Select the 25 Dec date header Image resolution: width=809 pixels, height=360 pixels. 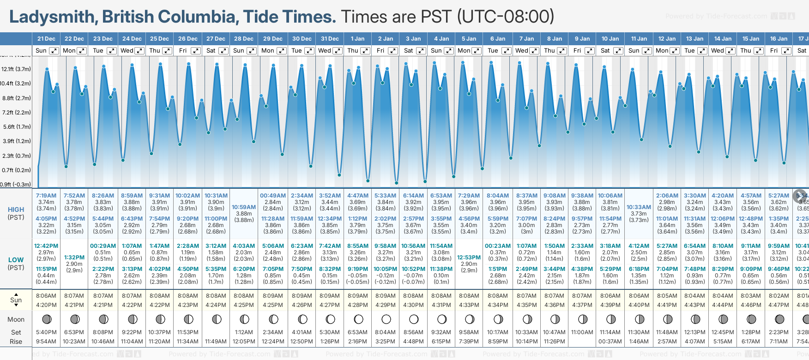[x=159, y=39]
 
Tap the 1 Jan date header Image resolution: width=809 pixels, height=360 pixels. [x=357, y=39]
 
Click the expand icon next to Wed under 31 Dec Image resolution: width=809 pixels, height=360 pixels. [x=338, y=51]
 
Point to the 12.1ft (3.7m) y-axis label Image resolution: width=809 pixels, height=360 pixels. [x=16, y=69]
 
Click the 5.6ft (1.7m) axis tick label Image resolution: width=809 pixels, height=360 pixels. [x=16, y=127]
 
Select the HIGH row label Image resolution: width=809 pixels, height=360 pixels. [x=16, y=210]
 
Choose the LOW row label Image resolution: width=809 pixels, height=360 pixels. [x=16, y=260]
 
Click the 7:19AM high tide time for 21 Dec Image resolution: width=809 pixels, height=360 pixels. [x=46, y=196]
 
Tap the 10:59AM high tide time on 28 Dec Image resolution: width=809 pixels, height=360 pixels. [x=244, y=207]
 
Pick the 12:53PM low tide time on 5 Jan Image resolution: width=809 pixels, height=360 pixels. [x=469, y=258]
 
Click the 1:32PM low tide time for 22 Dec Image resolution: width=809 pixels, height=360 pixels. [x=74, y=258]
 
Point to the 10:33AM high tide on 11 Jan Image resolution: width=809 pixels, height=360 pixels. [x=639, y=207]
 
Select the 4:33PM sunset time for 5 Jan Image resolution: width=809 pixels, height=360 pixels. [x=469, y=305]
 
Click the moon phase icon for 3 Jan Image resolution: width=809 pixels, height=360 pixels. [x=414, y=319]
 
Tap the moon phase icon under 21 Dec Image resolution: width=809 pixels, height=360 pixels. [x=47, y=319]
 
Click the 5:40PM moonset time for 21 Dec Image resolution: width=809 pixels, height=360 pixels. [x=46, y=332]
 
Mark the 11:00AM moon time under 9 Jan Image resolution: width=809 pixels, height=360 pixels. [x=582, y=332]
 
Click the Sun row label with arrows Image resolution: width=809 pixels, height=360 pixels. [x=16, y=300]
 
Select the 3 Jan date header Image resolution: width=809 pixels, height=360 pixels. [x=413, y=39]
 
